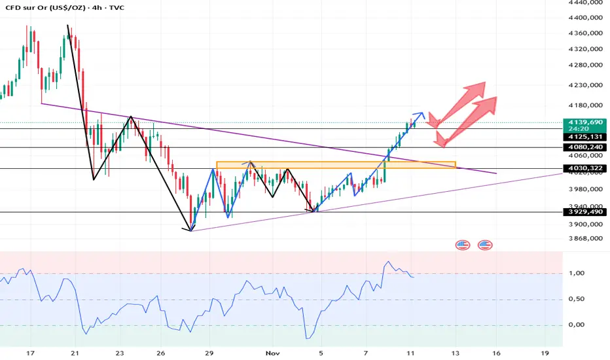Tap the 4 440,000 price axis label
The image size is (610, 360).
586,3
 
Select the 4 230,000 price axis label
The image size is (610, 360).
586,85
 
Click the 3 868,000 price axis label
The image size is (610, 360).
586,238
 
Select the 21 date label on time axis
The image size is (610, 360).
75,353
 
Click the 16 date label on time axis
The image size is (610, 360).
497,353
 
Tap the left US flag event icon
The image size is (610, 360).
463,245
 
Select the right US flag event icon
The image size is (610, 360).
485,245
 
